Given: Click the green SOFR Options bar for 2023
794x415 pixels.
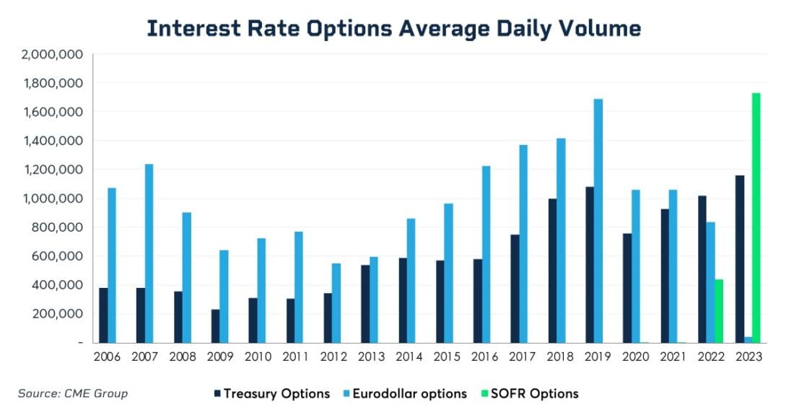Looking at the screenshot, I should click(756, 217).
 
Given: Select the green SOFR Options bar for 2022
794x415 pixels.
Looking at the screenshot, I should click(718, 311).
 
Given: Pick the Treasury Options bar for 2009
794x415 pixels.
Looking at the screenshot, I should click(215, 326).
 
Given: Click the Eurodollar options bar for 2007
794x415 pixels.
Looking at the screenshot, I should click(149, 253).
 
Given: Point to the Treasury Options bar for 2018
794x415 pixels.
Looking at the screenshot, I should click(552, 271).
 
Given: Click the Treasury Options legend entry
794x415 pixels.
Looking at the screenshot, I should click(271, 393).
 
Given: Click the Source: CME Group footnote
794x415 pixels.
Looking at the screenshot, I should click(72, 393).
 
